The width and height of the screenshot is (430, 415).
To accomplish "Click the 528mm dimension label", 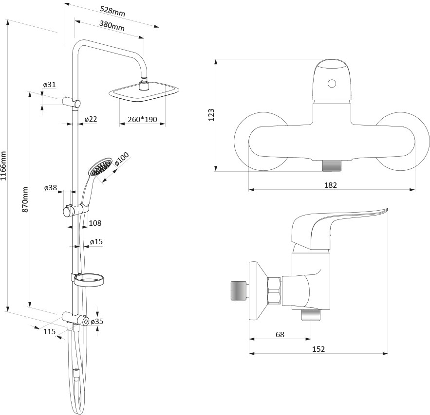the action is tap(112, 12).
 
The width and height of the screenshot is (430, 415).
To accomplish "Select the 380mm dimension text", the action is tap(112, 26).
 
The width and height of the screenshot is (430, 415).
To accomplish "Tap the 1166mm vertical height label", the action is tap(3, 166).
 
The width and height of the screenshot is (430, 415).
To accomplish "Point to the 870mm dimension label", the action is tap(25, 199).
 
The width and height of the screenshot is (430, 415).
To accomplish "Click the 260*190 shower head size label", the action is tap(142, 119).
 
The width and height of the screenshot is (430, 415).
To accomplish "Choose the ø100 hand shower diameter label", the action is tap(121, 159).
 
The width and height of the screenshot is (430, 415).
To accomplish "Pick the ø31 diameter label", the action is tap(49, 85).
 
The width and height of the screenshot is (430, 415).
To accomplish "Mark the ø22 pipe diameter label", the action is tap(91, 119).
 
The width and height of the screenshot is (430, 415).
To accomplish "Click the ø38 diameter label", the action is tap(51, 188).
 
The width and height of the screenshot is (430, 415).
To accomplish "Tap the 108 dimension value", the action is tap(95, 223).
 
